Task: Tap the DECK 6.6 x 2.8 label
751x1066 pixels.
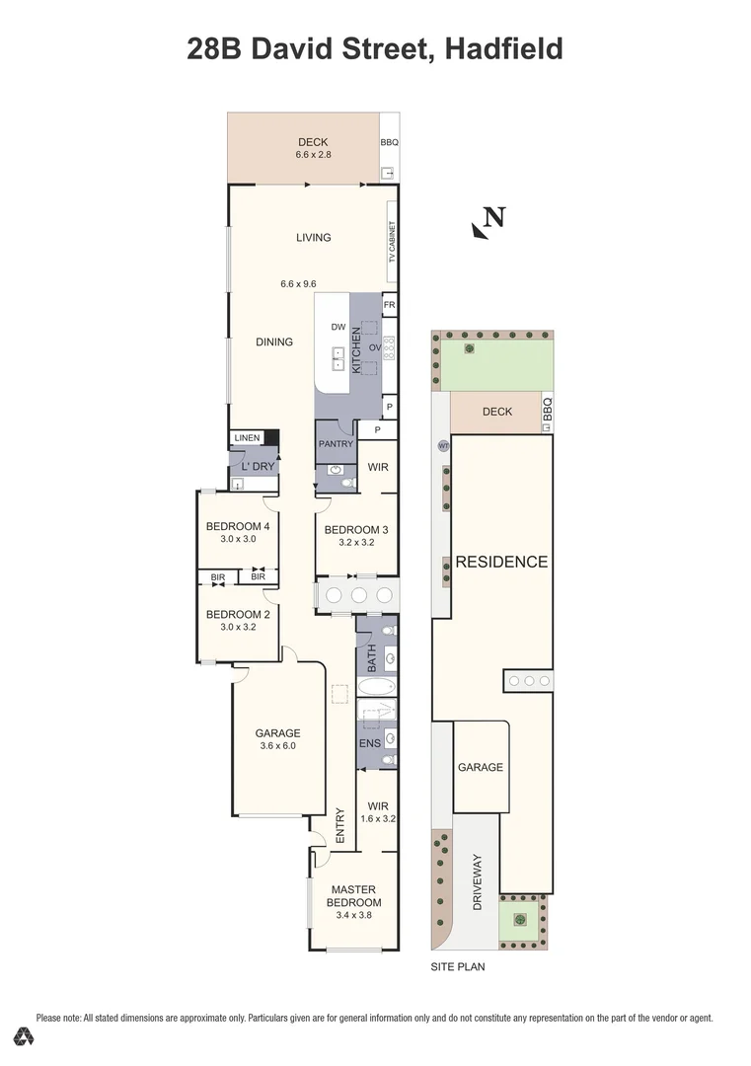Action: [x=312, y=148]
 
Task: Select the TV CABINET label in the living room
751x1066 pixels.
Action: [x=391, y=240]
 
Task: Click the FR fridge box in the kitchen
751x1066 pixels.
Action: [x=389, y=306]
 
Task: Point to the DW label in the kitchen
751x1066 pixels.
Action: [x=338, y=327]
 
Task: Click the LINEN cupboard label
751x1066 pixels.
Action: [x=247, y=438]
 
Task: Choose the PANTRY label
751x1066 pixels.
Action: [x=336, y=444]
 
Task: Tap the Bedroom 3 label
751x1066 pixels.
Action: [x=356, y=529]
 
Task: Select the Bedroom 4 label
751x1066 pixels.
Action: [x=238, y=526]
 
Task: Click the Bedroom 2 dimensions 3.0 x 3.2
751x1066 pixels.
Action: [x=237, y=627]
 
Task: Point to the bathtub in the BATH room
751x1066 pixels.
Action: [x=376, y=687]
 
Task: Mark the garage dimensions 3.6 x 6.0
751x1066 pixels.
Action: [x=277, y=746]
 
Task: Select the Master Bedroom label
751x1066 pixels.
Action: [x=353, y=896]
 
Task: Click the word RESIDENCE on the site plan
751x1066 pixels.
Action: [x=500, y=562]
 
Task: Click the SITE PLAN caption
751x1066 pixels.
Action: [x=457, y=967]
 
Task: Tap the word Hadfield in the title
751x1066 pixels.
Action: [x=503, y=48]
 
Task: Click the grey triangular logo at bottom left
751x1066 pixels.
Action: [x=25, y=1036]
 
